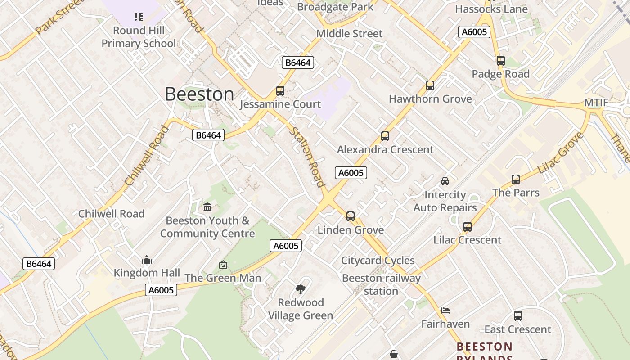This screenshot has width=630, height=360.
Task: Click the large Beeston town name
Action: tap(199, 94)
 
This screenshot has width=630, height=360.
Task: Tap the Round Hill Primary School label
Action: tap(138, 37)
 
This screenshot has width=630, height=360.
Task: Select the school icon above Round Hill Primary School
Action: tap(139, 17)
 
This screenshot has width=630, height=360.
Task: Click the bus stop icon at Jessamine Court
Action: tap(280, 91)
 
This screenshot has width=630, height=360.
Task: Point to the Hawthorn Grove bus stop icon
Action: tap(430, 85)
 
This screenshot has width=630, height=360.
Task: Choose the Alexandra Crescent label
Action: tap(385, 149)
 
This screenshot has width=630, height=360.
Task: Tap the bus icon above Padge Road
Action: tap(501, 61)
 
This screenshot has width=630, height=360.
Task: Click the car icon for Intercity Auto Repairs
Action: tap(445, 181)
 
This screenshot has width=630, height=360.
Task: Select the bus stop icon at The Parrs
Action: tap(516, 180)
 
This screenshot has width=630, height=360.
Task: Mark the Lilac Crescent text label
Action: tap(467, 240)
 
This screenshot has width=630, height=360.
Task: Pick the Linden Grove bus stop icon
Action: tap(351, 216)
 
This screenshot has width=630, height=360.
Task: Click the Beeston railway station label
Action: tap(381, 284)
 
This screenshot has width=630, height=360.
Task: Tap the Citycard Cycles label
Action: tap(378, 261)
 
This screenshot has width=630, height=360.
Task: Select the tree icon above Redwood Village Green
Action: tap(301, 289)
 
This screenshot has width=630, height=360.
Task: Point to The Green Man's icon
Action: tap(223, 265)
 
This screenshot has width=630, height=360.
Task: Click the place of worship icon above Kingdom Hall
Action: tap(147, 260)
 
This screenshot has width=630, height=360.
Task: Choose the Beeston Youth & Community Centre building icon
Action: tap(207, 207)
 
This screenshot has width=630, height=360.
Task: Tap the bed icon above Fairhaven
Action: tap(445, 310)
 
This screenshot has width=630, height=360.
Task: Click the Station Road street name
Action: tap(307, 157)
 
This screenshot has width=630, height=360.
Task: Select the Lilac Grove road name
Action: tap(560, 153)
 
